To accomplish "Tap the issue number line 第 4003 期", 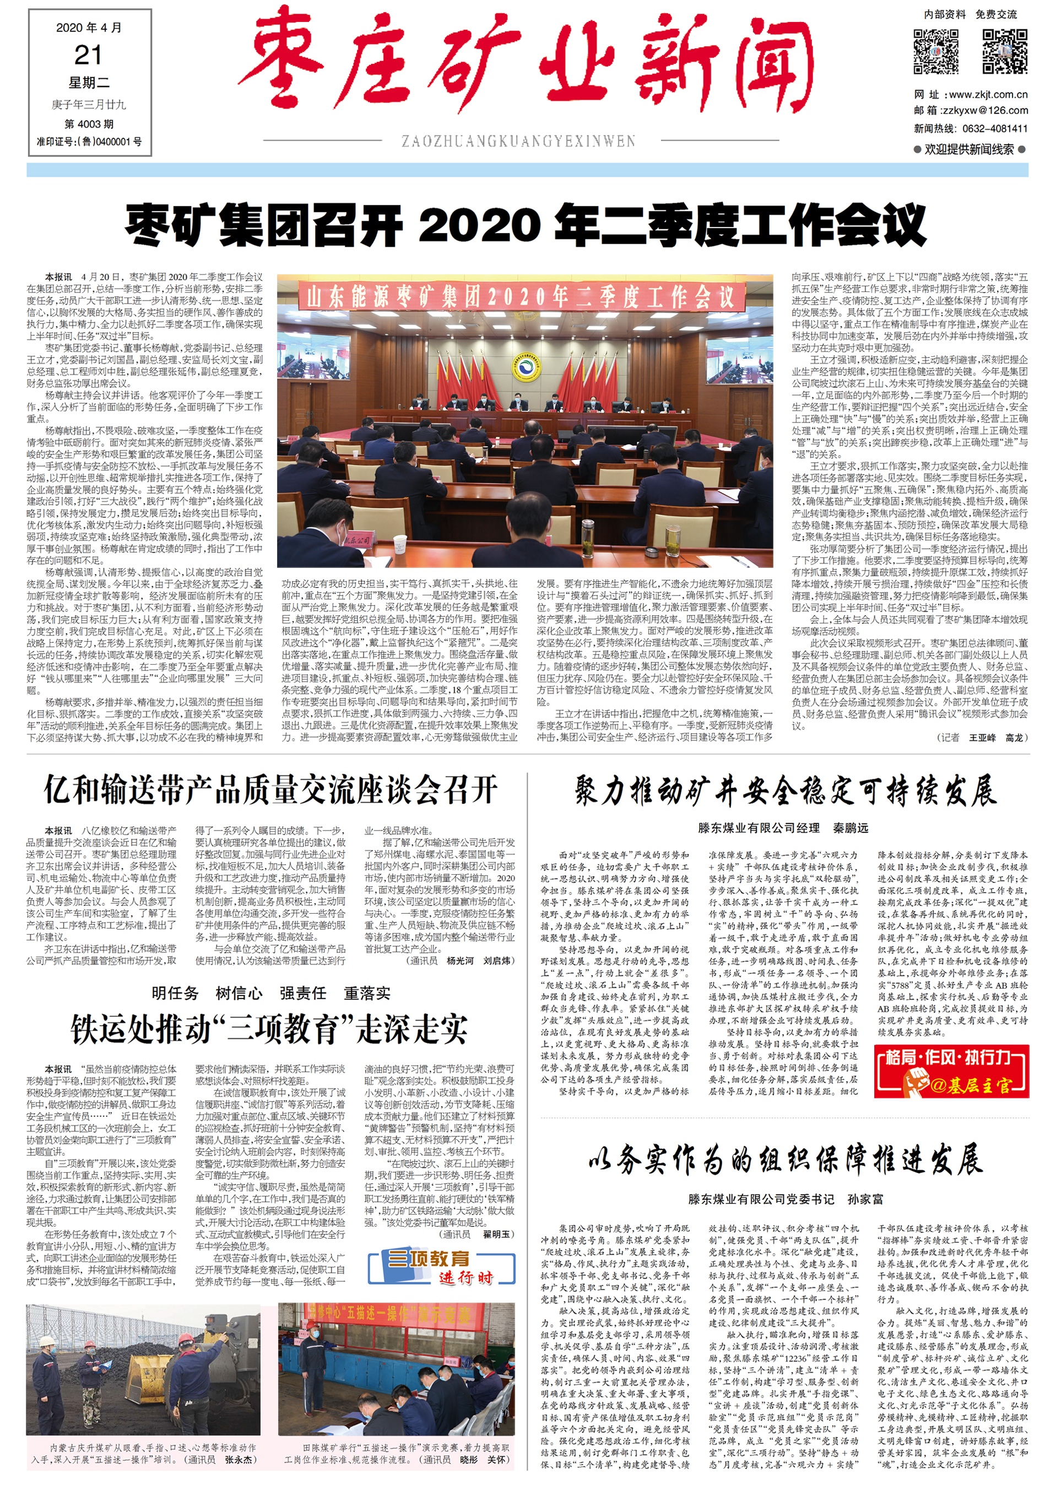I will click(89, 124).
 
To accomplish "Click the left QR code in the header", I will click(936, 51).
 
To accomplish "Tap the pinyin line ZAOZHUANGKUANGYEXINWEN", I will click(518, 142).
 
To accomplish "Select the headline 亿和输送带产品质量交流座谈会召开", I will click(271, 790).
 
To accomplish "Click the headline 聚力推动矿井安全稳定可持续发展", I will click(784, 791).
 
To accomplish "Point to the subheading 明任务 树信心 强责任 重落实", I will click(271, 993).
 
